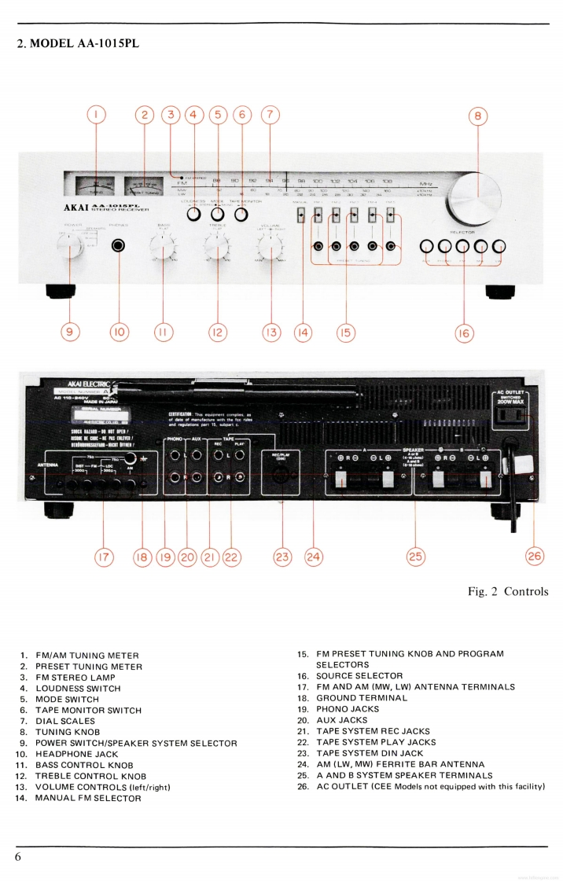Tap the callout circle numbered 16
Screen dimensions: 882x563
[x=464, y=333]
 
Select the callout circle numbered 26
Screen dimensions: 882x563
[x=535, y=556]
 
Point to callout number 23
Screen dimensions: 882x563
[x=281, y=557]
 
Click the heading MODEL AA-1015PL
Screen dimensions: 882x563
[x=78, y=43]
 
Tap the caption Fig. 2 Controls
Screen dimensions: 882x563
[x=507, y=591]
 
